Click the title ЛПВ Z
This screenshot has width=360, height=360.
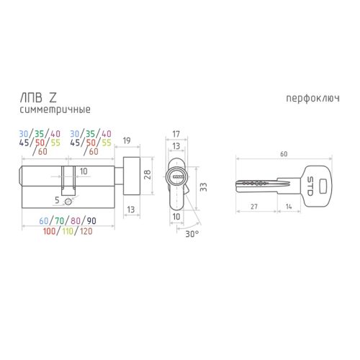point(38,98)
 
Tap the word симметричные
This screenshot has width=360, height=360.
point(55,110)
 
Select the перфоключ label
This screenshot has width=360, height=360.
point(312,99)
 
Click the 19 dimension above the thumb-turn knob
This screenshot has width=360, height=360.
point(127,140)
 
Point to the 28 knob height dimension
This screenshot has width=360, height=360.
point(147,174)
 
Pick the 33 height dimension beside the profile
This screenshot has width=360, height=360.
point(203,187)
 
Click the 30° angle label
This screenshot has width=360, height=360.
point(192,234)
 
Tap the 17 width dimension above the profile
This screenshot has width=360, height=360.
point(176,134)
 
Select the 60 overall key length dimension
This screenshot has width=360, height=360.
point(284,154)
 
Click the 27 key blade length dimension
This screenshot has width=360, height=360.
point(254,207)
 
